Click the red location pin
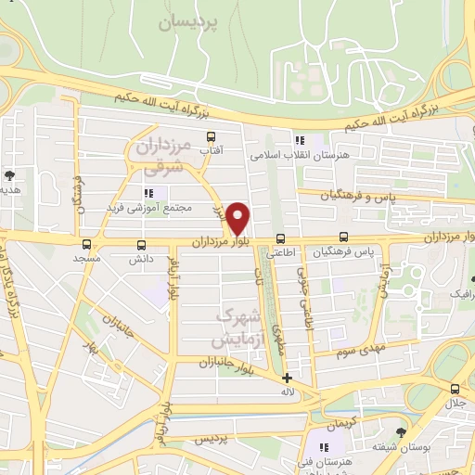(238, 217)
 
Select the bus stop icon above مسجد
(86, 245)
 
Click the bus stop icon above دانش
(141, 245)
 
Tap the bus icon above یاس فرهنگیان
(344, 237)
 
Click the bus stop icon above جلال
(455, 389)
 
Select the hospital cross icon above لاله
(288, 378)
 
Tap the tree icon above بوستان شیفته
(401, 432)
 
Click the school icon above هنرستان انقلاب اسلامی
(299, 140)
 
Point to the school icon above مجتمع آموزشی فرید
(148, 193)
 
